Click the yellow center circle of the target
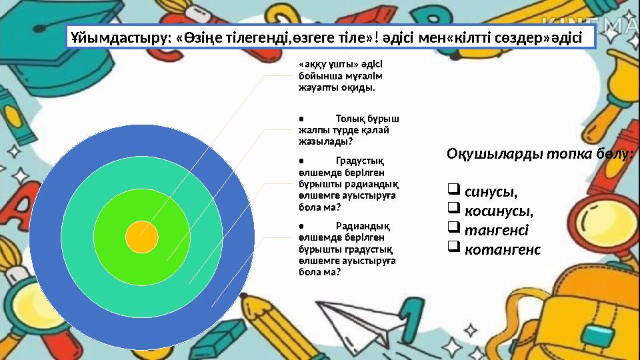142,237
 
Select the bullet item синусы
491,192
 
